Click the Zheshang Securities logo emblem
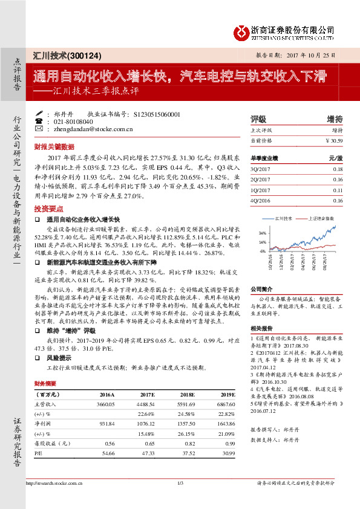coord(242,31)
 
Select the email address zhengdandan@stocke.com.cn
coord(93,129)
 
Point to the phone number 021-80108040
coord(75,121)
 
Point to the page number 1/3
coord(180,482)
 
